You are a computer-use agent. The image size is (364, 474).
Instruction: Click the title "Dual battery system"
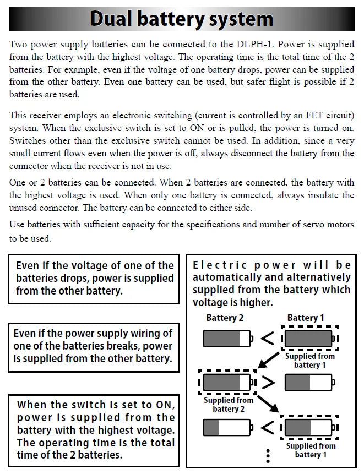pyautogui.click(x=182, y=19)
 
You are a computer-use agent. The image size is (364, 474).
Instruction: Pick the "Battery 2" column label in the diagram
pyautogui.click(x=225, y=318)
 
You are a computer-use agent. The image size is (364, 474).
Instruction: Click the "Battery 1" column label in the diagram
pyautogui.click(x=306, y=318)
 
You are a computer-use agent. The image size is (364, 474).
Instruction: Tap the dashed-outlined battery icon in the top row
pyautogui.click(x=309, y=337)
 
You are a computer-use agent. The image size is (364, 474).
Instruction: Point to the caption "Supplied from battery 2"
pyautogui.click(x=229, y=404)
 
